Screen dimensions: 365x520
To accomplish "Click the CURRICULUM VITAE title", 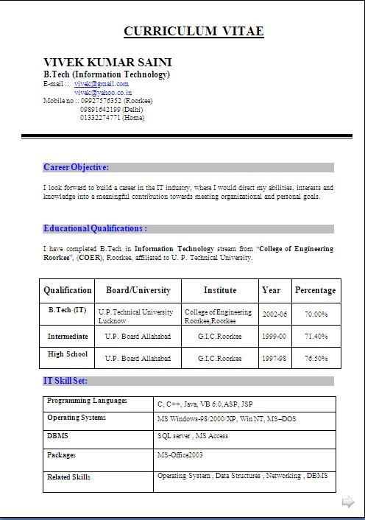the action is [x=194, y=31].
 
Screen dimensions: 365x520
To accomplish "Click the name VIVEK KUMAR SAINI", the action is [x=107, y=62].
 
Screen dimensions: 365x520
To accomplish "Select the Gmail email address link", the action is [x=102, y=84].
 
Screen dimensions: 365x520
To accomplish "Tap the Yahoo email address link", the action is [x=103, y=93].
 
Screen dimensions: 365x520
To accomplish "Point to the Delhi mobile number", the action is [x=107, y=109].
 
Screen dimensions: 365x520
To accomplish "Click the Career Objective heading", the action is [x=76, y=167].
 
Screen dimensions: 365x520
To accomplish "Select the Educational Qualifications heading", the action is [x=95, y=228].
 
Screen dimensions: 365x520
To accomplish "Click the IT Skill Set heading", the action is [x=65, y=381].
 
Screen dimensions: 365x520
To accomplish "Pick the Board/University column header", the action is [x=138, y=290].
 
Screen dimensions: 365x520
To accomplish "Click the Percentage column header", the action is [x=315, y=290].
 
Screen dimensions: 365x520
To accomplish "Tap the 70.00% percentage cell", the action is [x=316, y=315].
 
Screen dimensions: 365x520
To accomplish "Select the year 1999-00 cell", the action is [x=274, y=337].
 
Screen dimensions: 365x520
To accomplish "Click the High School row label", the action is [x=68, y=354].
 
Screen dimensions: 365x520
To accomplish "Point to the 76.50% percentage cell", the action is [x=316, y=359].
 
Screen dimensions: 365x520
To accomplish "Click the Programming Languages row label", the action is [x=87, y=401].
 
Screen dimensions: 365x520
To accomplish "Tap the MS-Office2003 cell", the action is [x=180, y=455].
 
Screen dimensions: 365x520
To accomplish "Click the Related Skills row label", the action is [x=68, y=477].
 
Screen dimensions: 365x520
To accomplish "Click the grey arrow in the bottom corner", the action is [x=348, y=502].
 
